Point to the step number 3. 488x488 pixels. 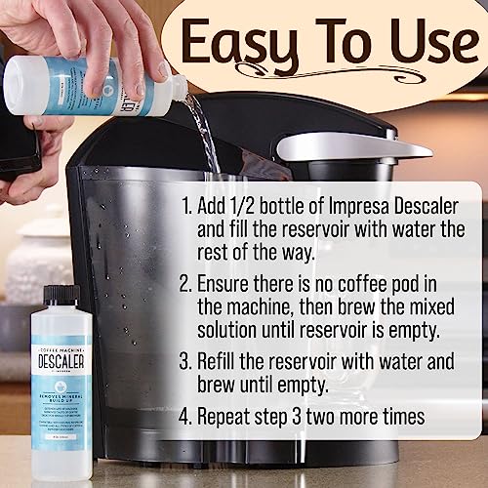pos(186,360)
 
